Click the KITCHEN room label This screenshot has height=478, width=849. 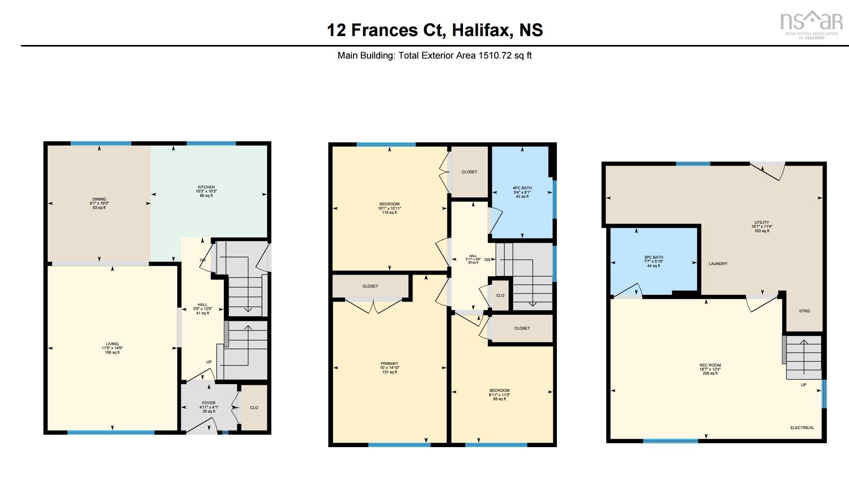206,187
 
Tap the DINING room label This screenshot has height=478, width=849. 99,199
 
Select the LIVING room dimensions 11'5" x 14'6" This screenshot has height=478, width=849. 112,348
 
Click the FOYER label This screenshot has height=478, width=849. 209,403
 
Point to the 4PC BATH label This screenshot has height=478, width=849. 522,188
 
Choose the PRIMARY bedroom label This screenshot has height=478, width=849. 390,364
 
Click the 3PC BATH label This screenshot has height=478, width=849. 654,257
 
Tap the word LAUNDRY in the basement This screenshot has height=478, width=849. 718,264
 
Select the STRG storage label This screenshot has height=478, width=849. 804,311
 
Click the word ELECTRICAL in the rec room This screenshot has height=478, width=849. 802,428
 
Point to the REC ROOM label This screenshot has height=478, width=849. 710,365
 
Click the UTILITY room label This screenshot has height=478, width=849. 762,223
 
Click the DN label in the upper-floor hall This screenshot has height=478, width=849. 487,260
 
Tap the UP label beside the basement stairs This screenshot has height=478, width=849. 804,385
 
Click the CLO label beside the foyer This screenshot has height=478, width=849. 254,408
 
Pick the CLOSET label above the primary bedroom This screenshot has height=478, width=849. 370,286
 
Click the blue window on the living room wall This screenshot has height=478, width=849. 111,433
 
